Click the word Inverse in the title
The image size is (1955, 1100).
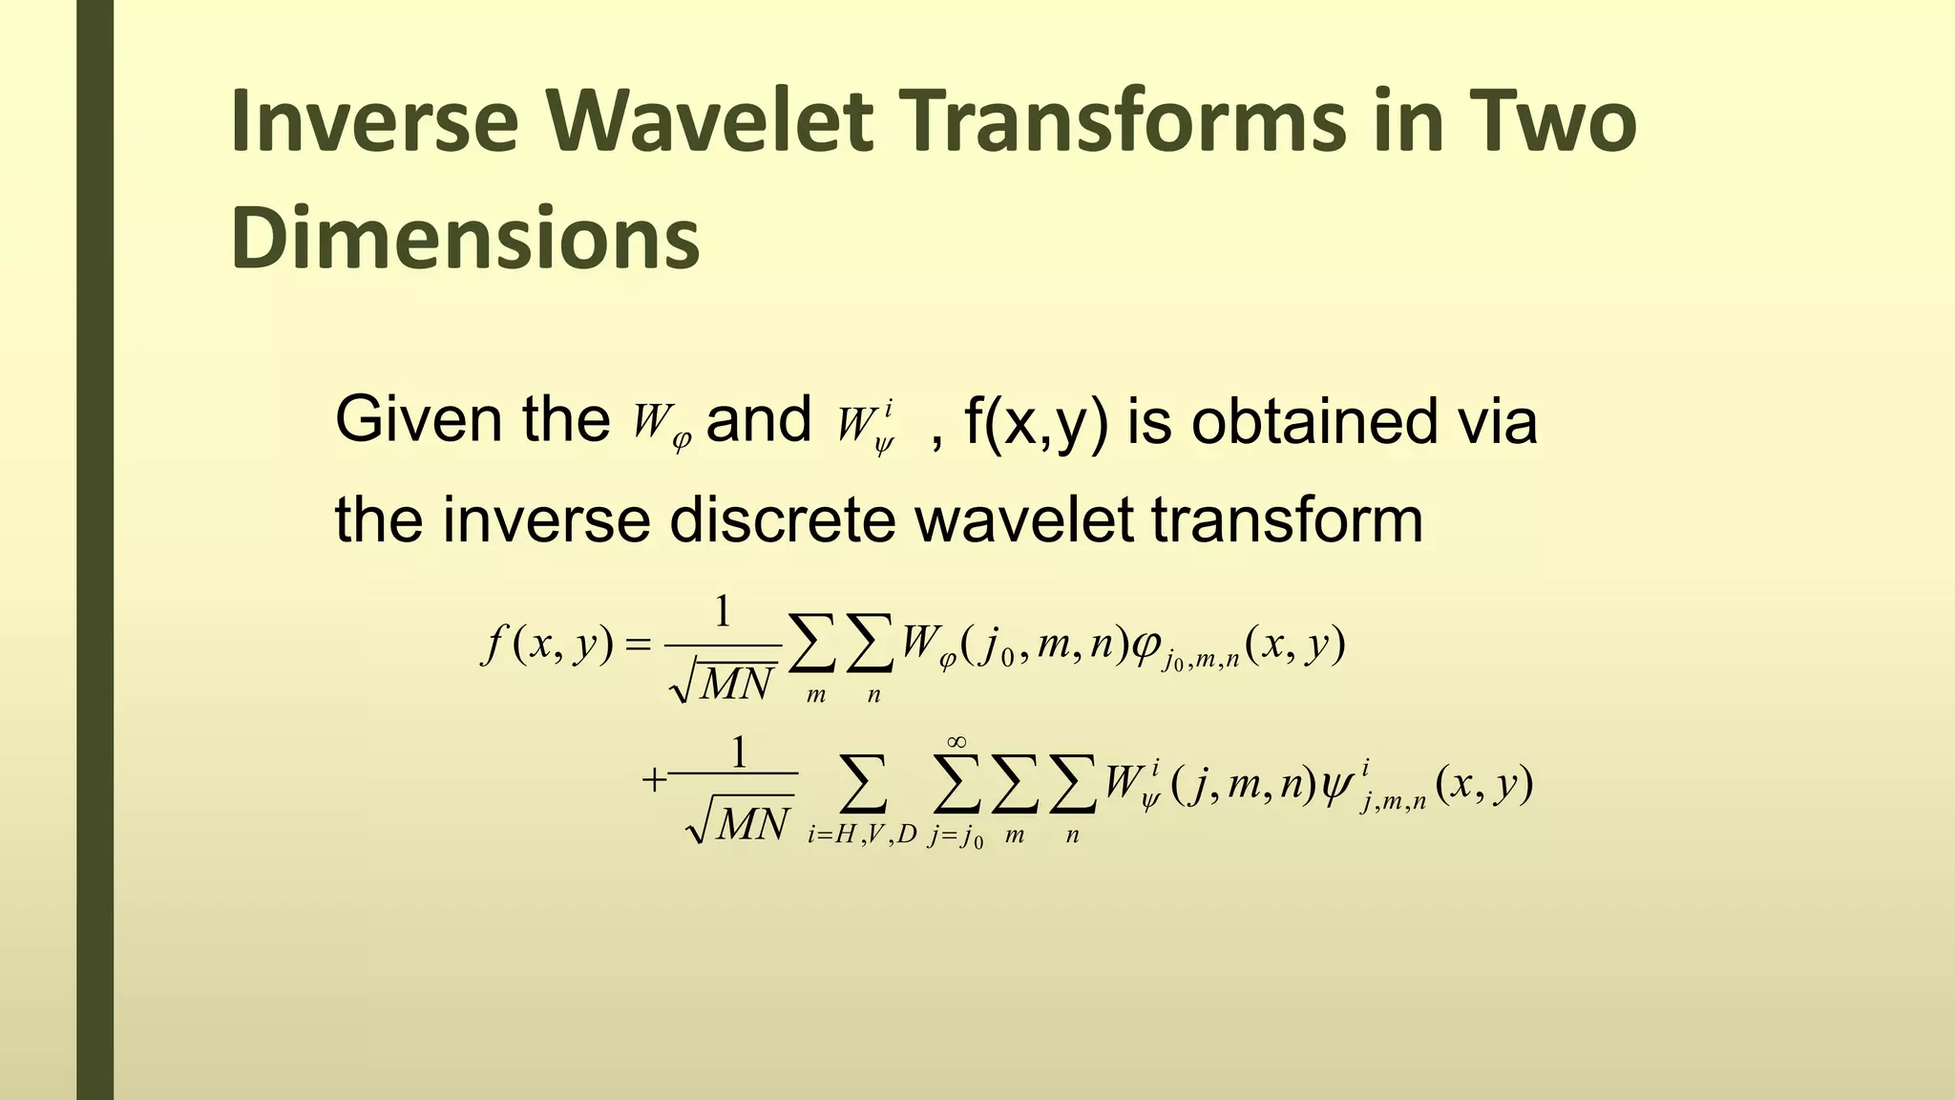pyautogui.click(x=373, y=122)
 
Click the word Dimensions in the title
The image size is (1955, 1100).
pyautogui.click(x=465, y=239)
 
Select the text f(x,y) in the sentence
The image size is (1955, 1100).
pyautogui.click(x=1036, y=422)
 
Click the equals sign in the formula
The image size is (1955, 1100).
pyautogui.click(x=636, y=647)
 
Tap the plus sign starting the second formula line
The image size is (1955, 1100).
pyautogui.click(x=653, y=781)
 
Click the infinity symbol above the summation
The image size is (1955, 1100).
pyautogui.click(x=957, y=742)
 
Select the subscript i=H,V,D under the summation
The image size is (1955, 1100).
pyautogui.click(x=861, y=836)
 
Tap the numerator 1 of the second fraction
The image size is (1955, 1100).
pyautogui.click(x=738, y=752)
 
